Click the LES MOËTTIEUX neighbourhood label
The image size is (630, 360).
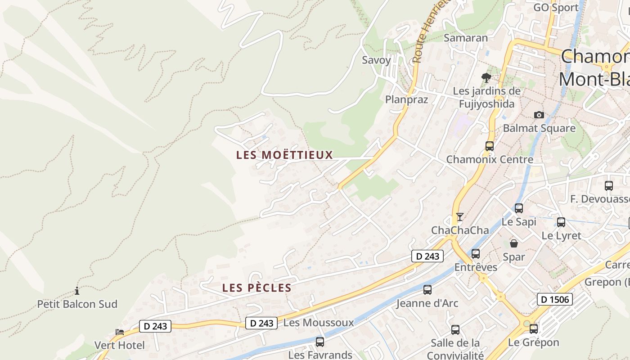coord(284,155)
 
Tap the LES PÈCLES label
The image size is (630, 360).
coord(257,288)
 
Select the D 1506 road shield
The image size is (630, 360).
coord(554,299)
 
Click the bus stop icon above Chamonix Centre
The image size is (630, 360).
coord(490,146)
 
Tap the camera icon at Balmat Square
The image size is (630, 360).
coord(539,115)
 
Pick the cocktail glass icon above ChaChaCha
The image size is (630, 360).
coord(459,217)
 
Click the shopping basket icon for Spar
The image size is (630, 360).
coord(514,243)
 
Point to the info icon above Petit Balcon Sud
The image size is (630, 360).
coord(77,291)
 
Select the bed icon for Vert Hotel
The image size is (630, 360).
coord(120,332)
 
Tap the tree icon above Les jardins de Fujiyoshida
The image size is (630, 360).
coord(486,78)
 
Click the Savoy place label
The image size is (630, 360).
coord(377,60)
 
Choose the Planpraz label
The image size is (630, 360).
coord(406,99)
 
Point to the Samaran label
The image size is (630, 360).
coord(466,38)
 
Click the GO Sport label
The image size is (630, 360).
coord(556,8)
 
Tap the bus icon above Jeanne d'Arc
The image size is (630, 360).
coord(427,290)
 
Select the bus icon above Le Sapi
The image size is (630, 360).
coord(519,208)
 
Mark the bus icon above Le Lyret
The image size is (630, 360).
coord(561,222)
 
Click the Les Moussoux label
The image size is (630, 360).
coord(319,323)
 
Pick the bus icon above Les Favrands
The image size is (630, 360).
coord(320,342)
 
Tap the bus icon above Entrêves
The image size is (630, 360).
coord(476,254)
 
